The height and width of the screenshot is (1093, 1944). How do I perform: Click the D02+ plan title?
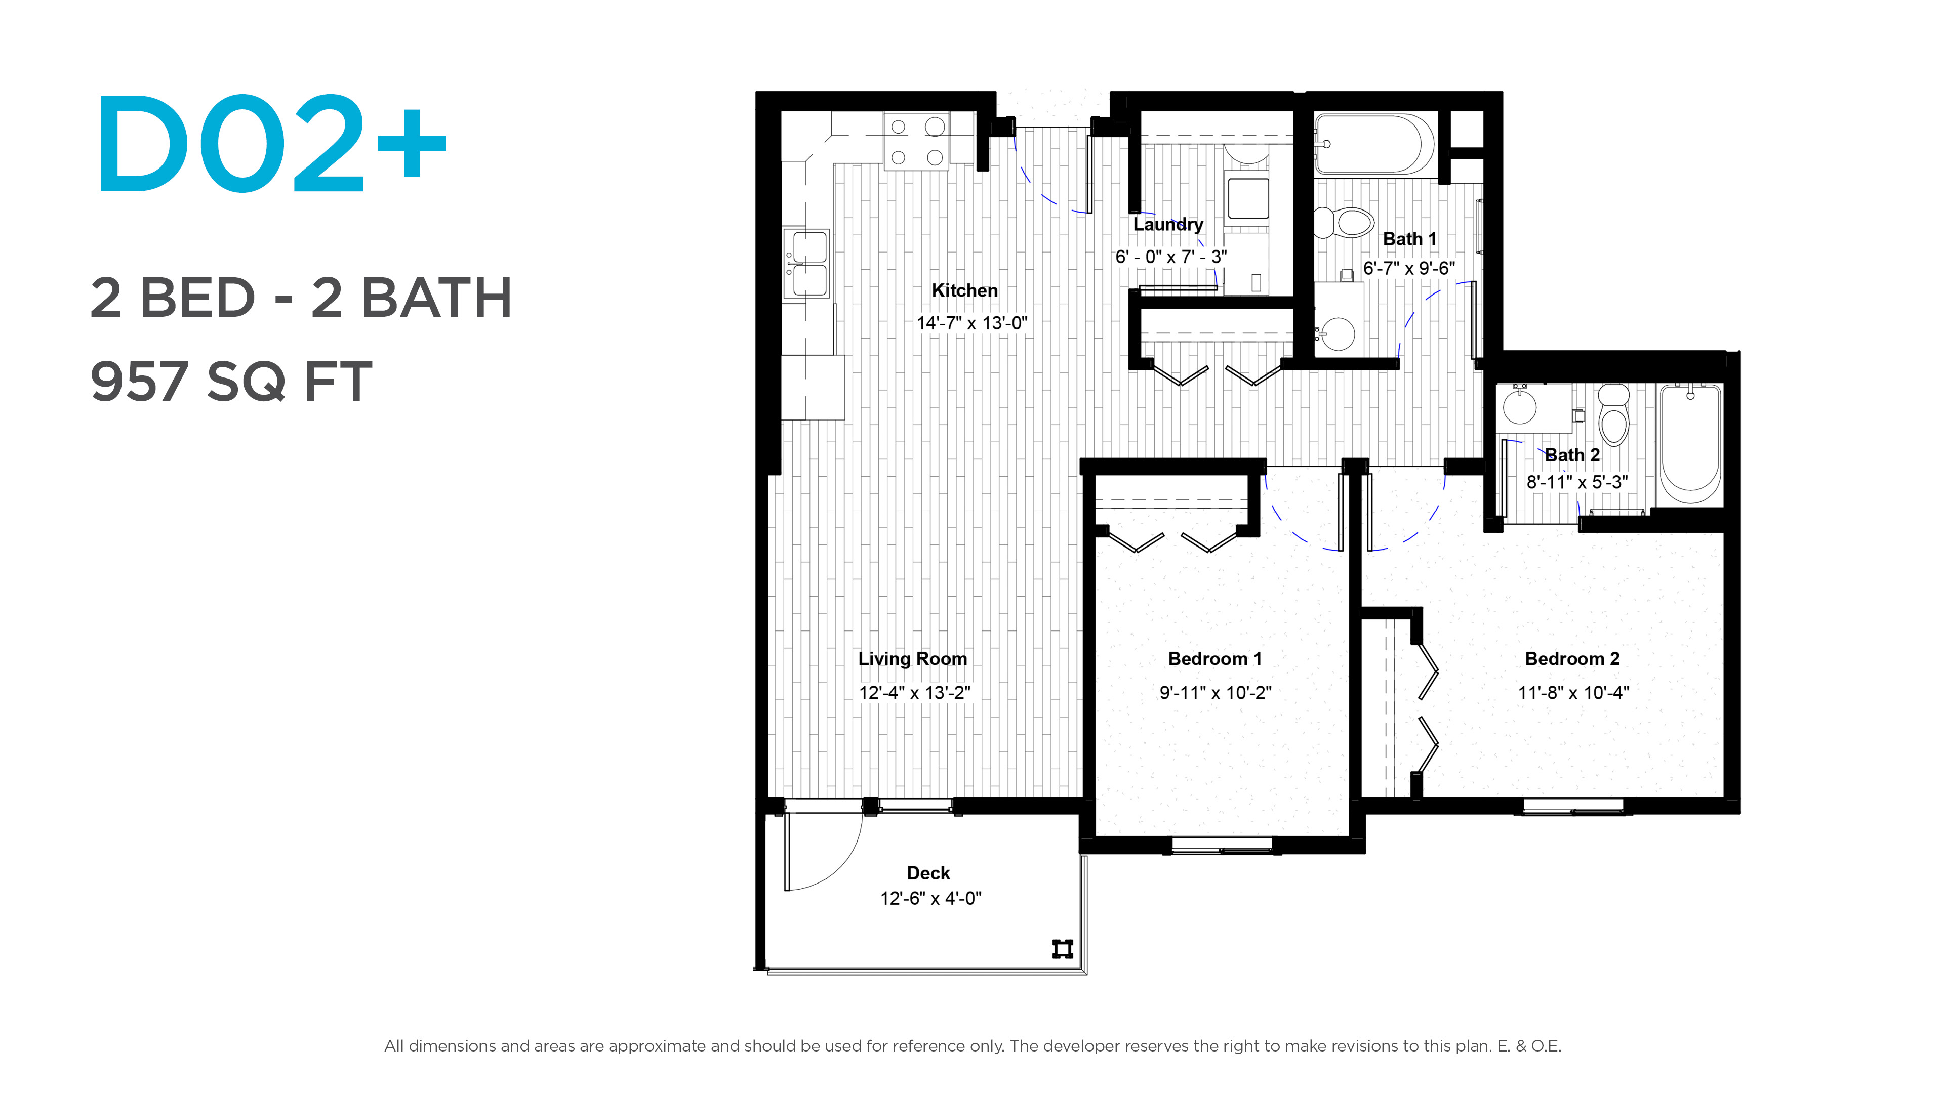coord(272,143)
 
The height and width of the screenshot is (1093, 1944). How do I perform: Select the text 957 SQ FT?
coord(231,381)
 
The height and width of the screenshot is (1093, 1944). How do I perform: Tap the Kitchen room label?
coord(964,290)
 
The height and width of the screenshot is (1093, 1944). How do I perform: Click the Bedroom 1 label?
coord(1215,658)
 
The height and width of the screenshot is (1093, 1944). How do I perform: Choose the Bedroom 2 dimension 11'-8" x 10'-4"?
coord(1573,692)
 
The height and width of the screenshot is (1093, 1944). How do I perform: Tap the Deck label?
coord(928,873)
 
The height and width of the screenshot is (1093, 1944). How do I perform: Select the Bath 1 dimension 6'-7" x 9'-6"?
coord(1409,268)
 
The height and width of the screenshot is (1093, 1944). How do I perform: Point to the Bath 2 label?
coord(1573,455)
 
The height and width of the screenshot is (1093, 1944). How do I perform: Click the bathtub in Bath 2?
coord(1690,444)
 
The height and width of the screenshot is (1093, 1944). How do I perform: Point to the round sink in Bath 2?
coord(1520,407)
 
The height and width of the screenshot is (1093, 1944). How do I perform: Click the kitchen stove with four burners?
coord(917,141)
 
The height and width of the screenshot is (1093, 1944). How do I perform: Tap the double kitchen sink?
coord(807,264)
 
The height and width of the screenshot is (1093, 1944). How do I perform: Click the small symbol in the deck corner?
coord(1063,948)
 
